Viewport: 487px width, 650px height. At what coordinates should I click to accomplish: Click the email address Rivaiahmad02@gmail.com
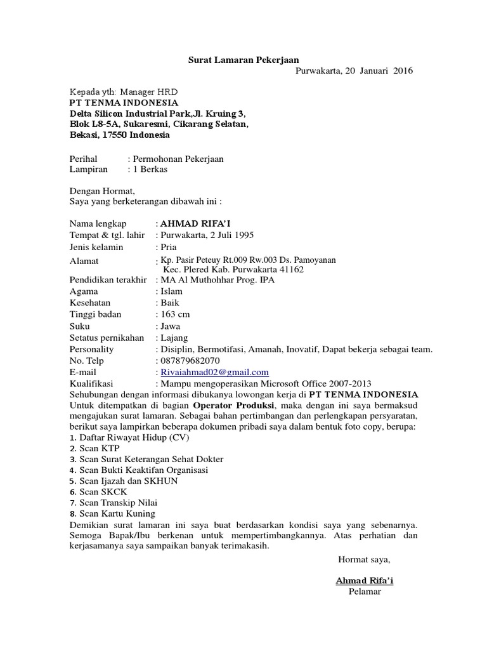tap(215, 372)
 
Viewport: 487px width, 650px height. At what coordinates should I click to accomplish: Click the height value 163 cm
tap(175, 314)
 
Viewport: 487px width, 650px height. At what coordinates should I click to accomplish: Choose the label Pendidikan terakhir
tap(108, 280)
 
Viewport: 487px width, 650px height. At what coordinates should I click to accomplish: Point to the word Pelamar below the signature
tap(365, 592)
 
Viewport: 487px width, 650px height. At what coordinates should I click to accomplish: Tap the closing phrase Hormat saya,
tap(364, 559)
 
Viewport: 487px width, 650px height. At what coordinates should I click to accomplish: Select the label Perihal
tap(84, 158)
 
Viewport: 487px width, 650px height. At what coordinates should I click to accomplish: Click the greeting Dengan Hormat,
tap(101, 189)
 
